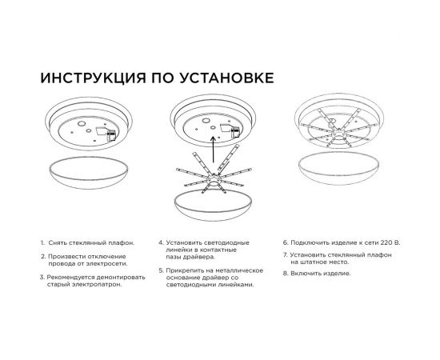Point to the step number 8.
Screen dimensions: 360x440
click(x=284, y=274)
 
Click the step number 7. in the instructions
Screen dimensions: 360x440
click(x=284, y=254)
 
